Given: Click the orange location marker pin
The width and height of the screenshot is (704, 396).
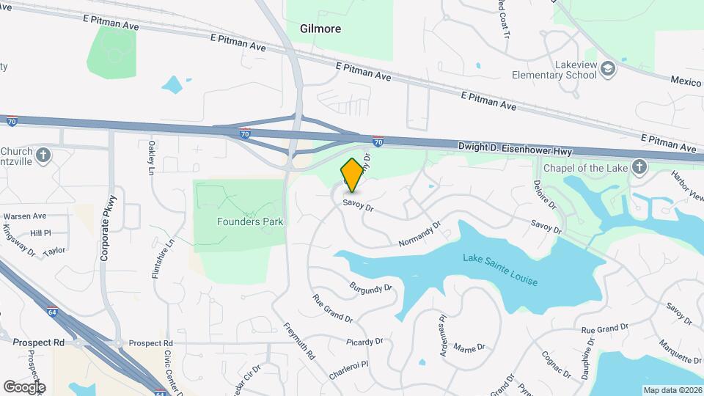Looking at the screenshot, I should (352, 175).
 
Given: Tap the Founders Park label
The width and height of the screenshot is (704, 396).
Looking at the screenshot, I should (250, 221).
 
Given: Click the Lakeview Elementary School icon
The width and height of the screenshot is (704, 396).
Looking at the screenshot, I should (608, 69).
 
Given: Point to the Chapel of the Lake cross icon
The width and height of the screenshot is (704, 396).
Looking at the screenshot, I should (639, 166).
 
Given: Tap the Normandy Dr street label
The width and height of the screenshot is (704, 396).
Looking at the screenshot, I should (419, 234).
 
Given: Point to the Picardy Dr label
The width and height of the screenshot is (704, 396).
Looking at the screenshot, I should (365, 341).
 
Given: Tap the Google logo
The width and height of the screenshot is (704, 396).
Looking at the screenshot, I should (24, 386).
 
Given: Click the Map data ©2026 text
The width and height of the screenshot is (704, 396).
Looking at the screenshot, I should (672, 390).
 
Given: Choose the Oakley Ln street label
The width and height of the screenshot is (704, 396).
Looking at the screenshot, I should (151, 158).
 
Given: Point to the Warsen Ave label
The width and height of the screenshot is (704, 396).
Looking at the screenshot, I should (25, 216).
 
